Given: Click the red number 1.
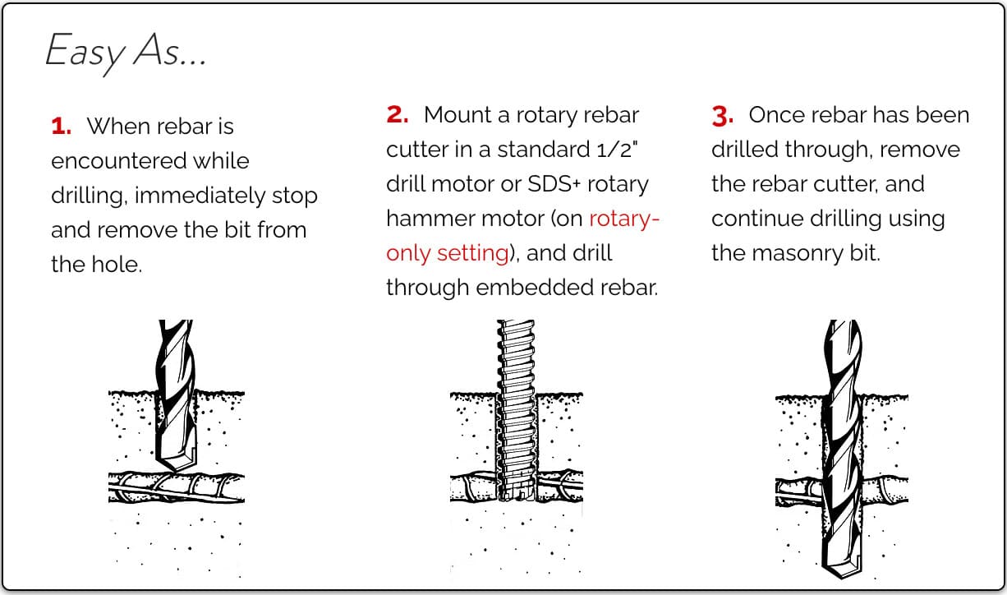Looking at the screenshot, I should (x=62, y=127).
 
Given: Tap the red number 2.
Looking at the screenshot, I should (x=398, y=115).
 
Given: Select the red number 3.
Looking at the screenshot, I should (x=723, y=116).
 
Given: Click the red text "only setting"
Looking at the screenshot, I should (x=448, y=252).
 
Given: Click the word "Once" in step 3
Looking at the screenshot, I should (x=773, y=115).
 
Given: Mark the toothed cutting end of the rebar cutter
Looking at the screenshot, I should (x=516, y=495).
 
